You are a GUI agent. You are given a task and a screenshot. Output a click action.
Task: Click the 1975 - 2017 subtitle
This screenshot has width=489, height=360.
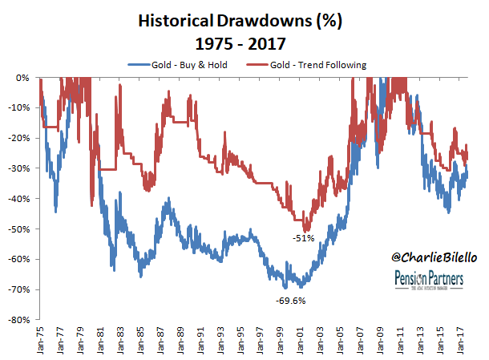tap(244, 42)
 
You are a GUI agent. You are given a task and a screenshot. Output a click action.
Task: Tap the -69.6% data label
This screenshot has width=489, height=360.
tap(290, 301)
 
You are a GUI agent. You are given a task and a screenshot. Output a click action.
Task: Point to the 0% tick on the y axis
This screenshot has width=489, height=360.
tap(22, 78)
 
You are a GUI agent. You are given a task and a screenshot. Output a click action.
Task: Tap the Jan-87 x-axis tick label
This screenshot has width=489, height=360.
tap(161, 338)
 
